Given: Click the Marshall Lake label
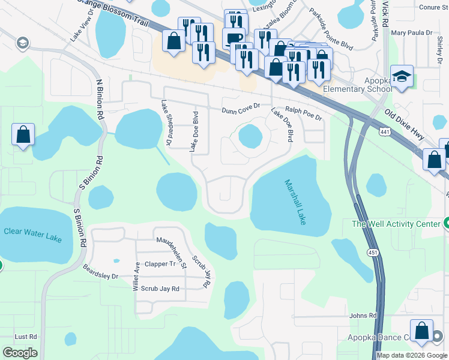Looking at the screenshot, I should tap(295, 203).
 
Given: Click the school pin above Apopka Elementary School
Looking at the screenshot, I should tap(402, 77).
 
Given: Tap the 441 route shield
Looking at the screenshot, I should tap(385, 131).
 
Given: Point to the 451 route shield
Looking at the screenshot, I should tap(373, 253).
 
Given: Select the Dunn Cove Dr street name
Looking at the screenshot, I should tap(241, 110).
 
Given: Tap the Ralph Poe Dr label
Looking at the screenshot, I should tap(303, 113).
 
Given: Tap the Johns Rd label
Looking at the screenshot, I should tap(363, 316).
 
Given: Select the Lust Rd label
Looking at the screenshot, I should tap(26, 337).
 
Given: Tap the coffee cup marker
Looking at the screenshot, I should tap(234, 38).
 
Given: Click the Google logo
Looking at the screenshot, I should tap(19, 352).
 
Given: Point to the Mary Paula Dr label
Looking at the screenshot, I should tap(412, 33).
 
